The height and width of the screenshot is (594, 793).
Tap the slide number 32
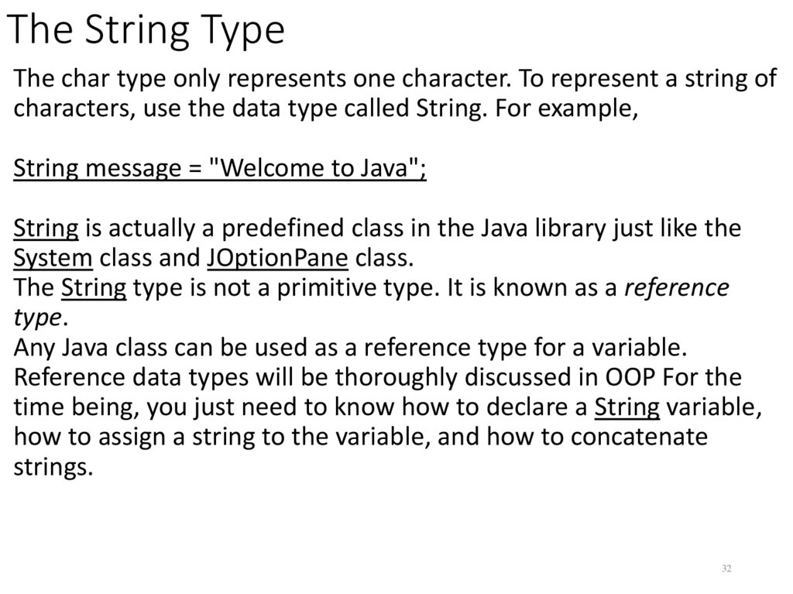(x=726, y=569)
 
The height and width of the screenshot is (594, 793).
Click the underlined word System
(x=53, y=258)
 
